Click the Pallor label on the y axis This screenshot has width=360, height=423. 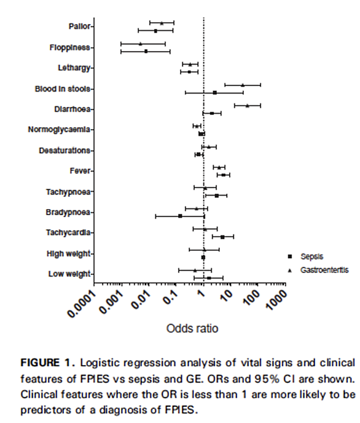[x=79, y=26]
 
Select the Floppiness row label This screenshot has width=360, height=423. [x=69, y=47]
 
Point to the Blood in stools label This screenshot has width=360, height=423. [x=62, y=89]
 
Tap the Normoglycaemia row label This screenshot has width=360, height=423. [x=59, y=130]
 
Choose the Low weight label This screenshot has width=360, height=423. [x=69, y=274]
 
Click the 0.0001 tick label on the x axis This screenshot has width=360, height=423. [x=82, y=304]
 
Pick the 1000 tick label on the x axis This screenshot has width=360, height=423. [x=276, y=299]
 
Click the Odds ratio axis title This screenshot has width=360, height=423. [x=192, y=328]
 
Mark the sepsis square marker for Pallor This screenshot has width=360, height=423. [x=155, y=31]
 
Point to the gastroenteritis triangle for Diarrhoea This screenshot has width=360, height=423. [x=248, y=106]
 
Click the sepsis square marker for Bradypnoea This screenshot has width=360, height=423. [x=180, y=216]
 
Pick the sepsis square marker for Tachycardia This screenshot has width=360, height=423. [x=222, y=237]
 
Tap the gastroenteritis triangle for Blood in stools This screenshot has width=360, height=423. [x=243, y=85]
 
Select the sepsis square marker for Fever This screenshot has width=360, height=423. [x=224, y=175]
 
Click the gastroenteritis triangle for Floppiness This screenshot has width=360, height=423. [x=141, y=44]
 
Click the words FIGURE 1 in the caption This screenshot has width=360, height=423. [x=48, y=363]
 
